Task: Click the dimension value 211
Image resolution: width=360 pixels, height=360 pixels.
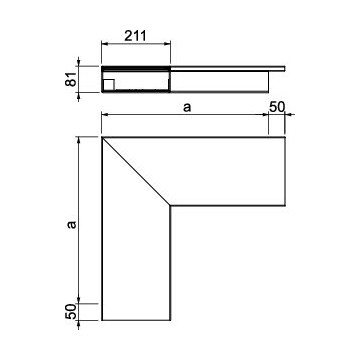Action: click(135, 36)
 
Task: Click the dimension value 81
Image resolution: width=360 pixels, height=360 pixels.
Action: click(71, 79)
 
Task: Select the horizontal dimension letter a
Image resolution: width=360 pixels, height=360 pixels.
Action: click(188, 108)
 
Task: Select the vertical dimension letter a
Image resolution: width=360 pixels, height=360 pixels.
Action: click(72, 224)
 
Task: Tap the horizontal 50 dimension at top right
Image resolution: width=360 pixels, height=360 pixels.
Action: click(277, 107)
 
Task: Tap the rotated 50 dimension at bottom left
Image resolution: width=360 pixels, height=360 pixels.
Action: click(71, 312)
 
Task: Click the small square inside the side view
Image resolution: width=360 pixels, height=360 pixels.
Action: click(109, 85)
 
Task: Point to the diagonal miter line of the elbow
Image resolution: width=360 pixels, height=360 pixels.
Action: click(136, 171)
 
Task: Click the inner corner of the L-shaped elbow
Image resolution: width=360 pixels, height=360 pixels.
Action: click(170, 206)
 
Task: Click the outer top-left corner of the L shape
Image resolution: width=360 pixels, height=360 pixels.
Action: click(102, 137)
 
